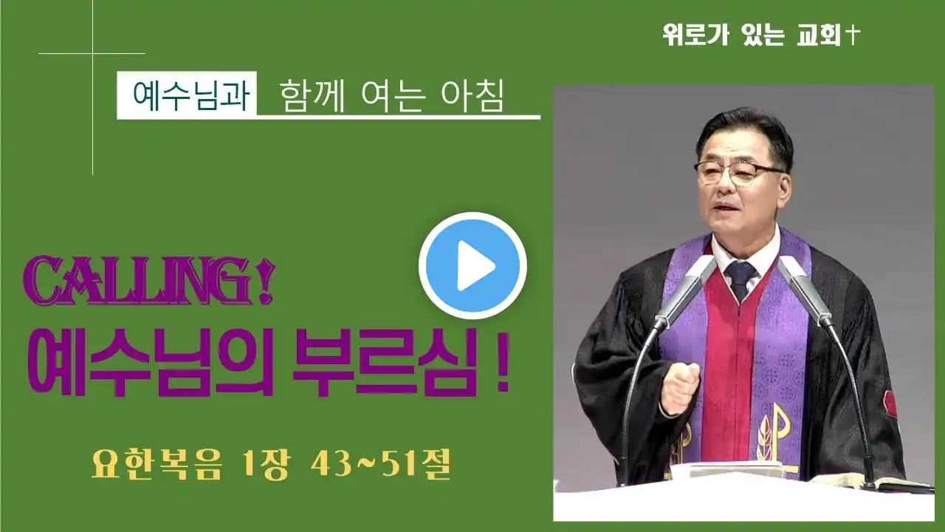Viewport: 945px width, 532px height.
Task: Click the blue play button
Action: click(x=472, y=265)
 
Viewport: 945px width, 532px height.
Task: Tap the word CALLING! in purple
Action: click(x=149, y=280)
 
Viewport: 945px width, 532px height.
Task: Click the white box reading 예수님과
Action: click(x=187, y=95)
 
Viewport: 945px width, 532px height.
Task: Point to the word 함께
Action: click(x=312, y=96)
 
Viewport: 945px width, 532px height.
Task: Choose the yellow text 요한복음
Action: click(x=157, y=465)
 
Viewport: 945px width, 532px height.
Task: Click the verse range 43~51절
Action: click(x=381, y=465)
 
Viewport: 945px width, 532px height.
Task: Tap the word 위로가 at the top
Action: click(x=695, y=35)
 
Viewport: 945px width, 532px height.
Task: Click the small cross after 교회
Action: click(x=852, y=35)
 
